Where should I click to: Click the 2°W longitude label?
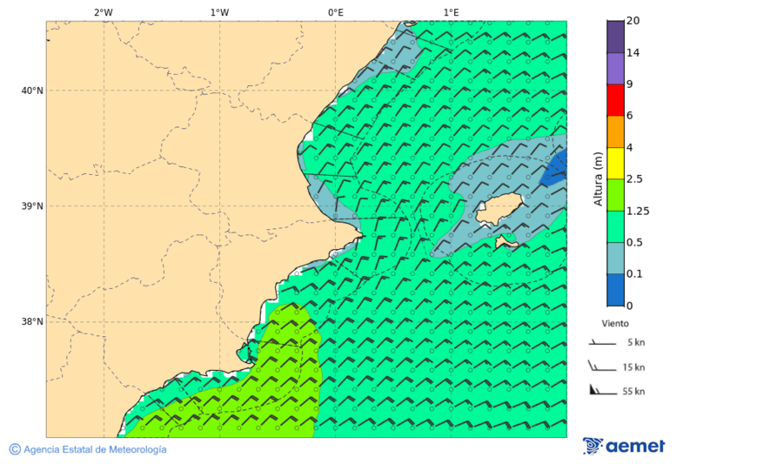(103, 12)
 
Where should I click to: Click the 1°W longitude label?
(219, 12)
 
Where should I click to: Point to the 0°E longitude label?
(335, 12)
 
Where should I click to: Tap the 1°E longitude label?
(451, 12)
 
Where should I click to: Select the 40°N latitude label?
(32, 91)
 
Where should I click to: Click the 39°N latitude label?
(32, 206)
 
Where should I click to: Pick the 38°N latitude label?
(32, 322)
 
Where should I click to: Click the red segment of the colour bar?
(615, 100)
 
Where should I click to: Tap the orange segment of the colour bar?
(615, 131)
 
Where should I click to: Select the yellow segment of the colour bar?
(615, 163)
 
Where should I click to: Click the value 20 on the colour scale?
(633, 21)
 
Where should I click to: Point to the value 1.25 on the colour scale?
(638, 211)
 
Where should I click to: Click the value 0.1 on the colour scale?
(635, 273)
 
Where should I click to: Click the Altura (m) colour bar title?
(598, 178)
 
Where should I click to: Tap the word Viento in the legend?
(615, 323)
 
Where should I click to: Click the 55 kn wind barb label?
(633, 392)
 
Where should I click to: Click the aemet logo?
(624, 446)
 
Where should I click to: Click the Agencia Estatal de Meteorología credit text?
(88, 449)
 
